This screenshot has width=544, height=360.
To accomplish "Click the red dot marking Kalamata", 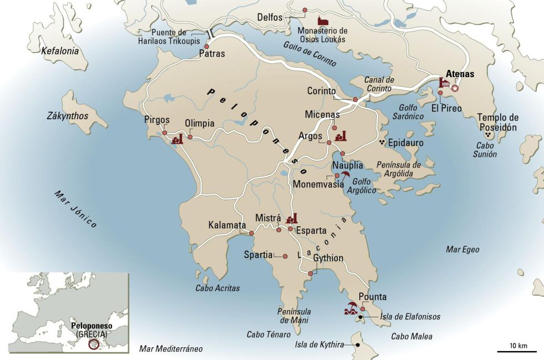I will coord(251,234).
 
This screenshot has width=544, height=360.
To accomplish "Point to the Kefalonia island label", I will coord(60,51).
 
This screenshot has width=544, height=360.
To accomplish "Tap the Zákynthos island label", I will coord(67,116).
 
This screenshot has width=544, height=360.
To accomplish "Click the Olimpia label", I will coord(199,123).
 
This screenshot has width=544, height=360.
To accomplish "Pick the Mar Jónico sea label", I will coord(75,209).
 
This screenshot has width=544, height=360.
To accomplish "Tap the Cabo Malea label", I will coord(411,336).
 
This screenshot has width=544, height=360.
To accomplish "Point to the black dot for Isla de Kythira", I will coord(357,344).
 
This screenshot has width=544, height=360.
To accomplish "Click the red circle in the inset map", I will coord(94,344).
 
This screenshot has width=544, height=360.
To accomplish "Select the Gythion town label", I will coord(328,258).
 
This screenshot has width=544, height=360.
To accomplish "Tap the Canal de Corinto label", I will coord(379,84).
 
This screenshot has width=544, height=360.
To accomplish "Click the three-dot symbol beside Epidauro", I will coord(381,143).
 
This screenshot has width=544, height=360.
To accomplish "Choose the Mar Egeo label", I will coord(462,250).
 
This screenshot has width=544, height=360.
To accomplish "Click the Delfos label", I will coord(270,17).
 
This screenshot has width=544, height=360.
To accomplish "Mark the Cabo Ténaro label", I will coord(269,334).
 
